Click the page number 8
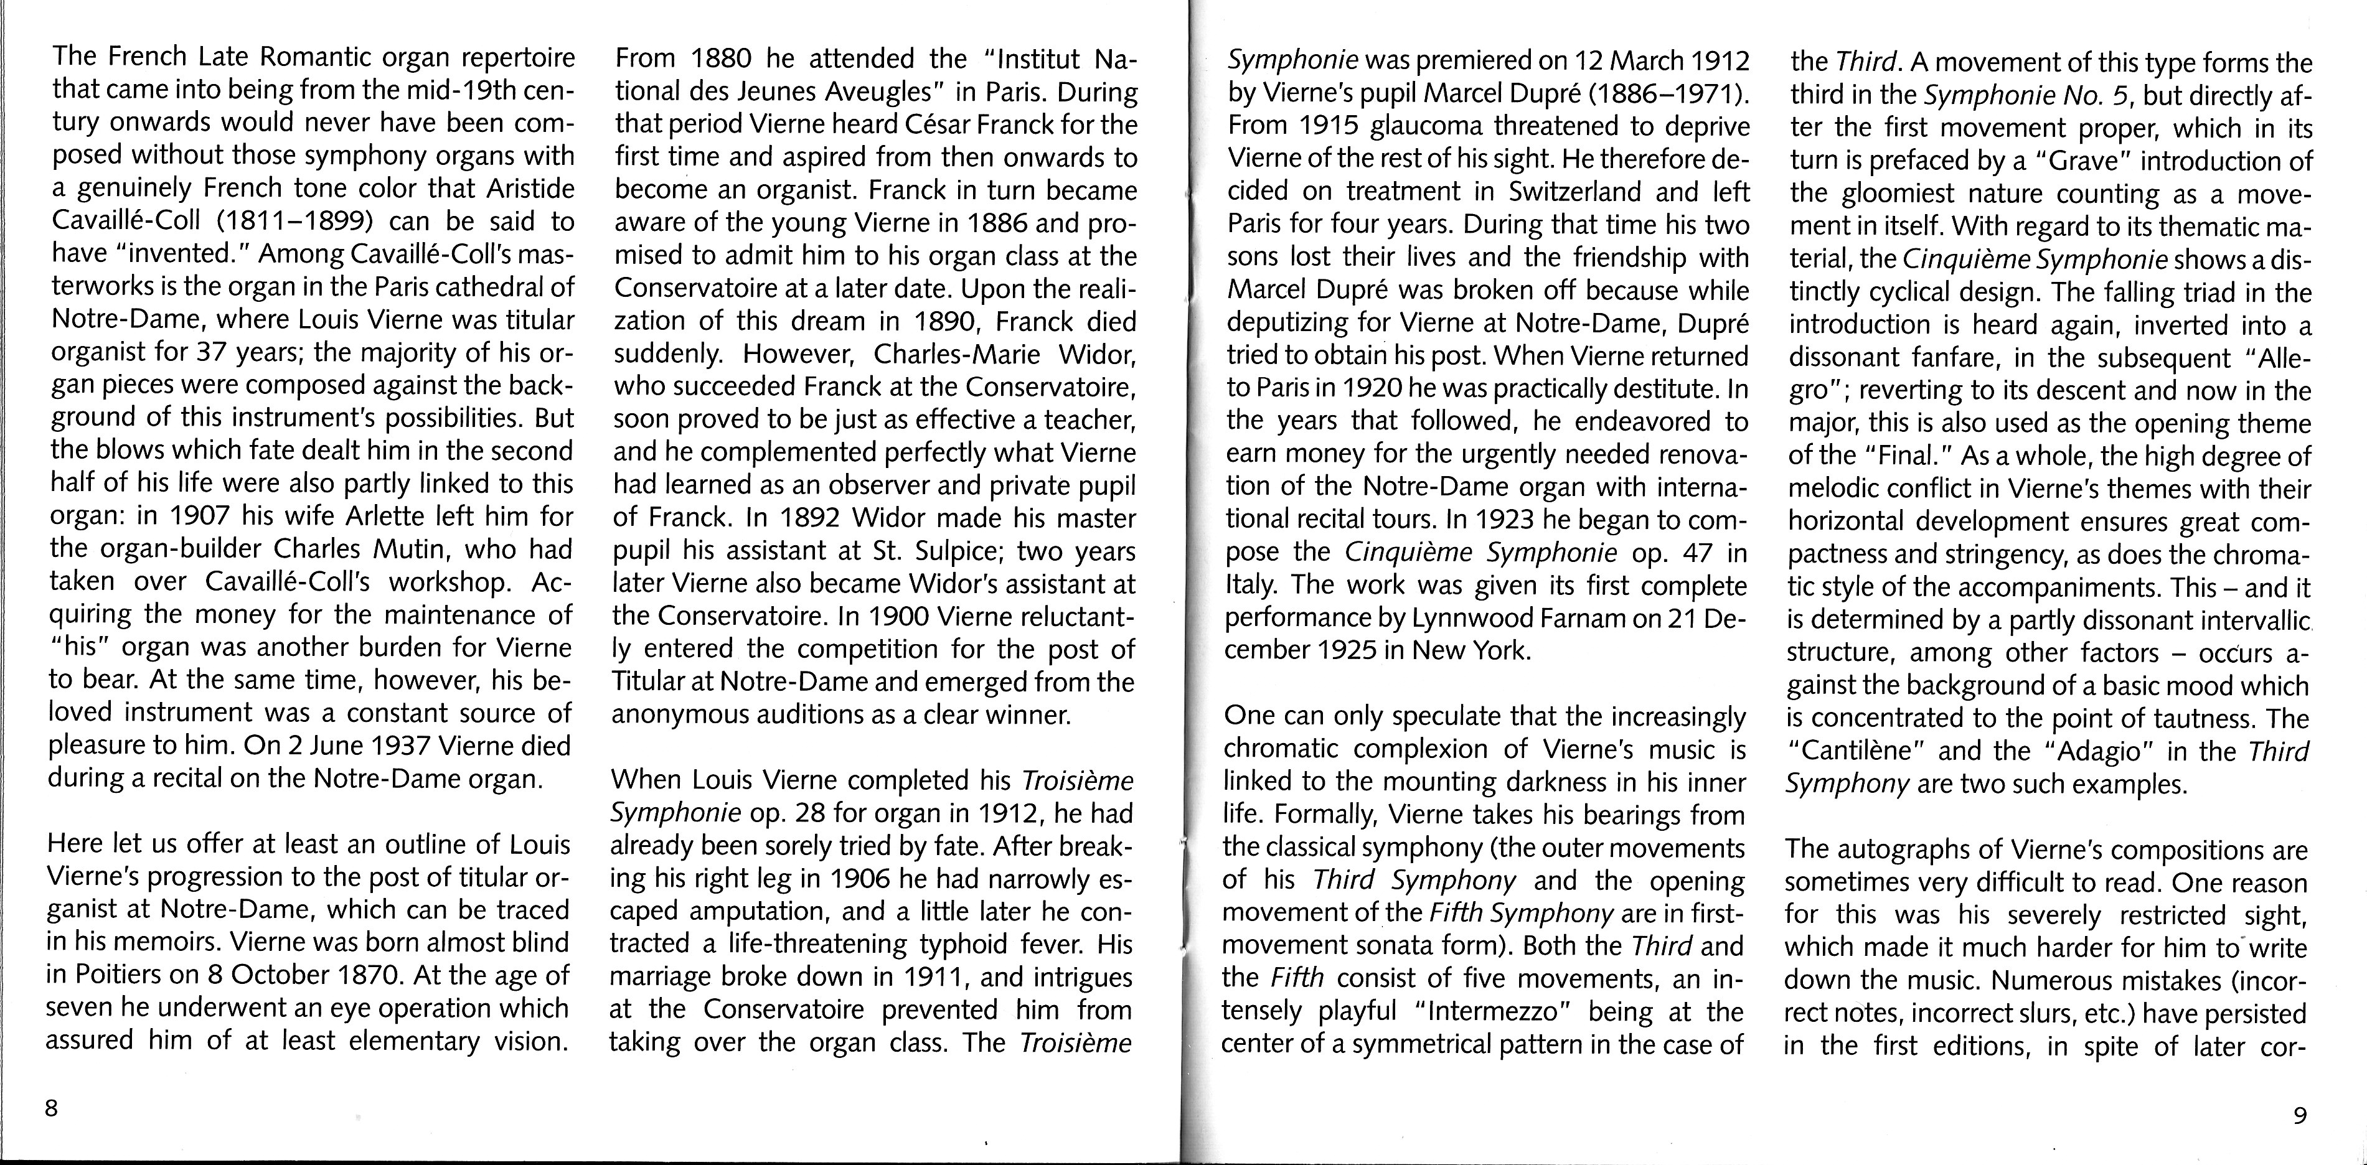(52, 1108)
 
